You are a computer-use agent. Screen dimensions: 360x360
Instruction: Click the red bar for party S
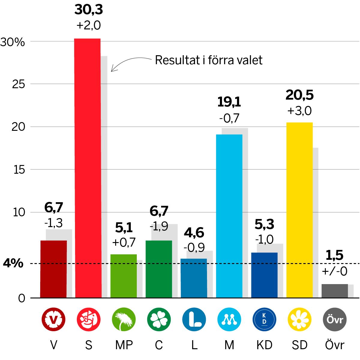click(88, 168)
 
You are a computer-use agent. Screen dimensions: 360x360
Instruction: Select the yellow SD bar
click(299, 210)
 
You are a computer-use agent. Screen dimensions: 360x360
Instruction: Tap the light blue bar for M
click(229, 216)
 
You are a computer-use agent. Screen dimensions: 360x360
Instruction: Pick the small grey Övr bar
click(334, 291)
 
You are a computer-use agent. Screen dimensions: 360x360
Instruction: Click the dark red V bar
click(53, 269)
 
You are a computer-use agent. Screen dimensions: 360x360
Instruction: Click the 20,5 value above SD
click(299, 95)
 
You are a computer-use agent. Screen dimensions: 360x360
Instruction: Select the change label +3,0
click(299, 111)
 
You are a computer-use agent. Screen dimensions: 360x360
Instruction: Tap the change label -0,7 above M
click(229, 119)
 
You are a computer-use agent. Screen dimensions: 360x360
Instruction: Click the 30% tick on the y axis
click(13, 42)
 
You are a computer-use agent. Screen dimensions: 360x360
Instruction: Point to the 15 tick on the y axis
click(19, 170)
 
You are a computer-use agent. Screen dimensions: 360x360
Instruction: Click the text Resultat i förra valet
click(208, 60)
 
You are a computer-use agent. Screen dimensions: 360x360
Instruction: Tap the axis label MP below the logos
click(124, 345)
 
